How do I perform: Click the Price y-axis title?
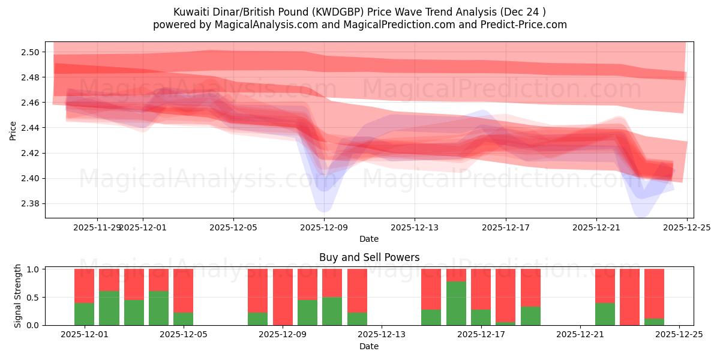point(13,130)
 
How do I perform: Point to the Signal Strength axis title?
point(18,296)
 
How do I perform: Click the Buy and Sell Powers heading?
point(369,257)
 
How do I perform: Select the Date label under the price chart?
point(369,239)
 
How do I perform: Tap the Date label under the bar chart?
point(369,346)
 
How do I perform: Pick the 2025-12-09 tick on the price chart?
point(324,227)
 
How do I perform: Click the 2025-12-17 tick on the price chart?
point(505,227)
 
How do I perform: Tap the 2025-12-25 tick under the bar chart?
point(679,335)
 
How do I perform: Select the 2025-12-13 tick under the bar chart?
point(382,335)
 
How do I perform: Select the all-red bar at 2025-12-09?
point(283,297)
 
